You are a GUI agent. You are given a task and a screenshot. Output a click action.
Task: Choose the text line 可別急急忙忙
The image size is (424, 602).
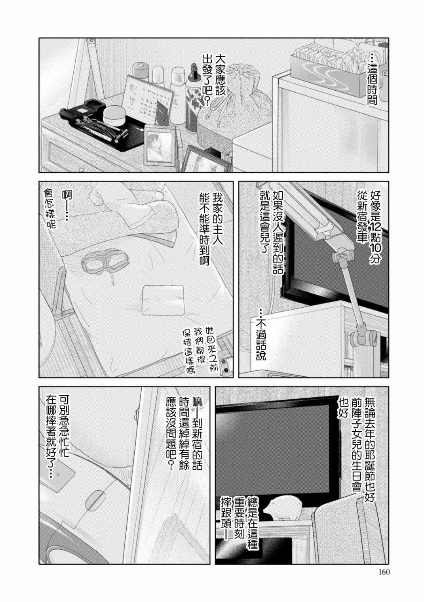pyautogui.click(x=64, y=431)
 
